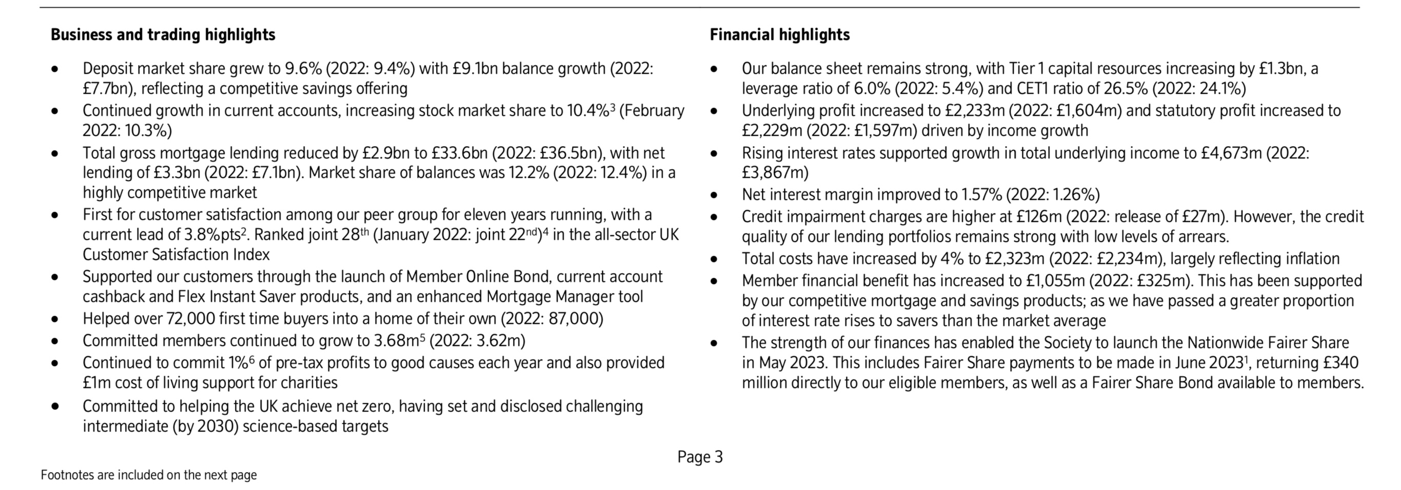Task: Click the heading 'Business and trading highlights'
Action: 163,35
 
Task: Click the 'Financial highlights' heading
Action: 779,35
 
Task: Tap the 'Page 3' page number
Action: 700,457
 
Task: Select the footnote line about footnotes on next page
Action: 148,475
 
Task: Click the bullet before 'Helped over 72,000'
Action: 54,319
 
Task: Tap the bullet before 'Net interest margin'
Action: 714,196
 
